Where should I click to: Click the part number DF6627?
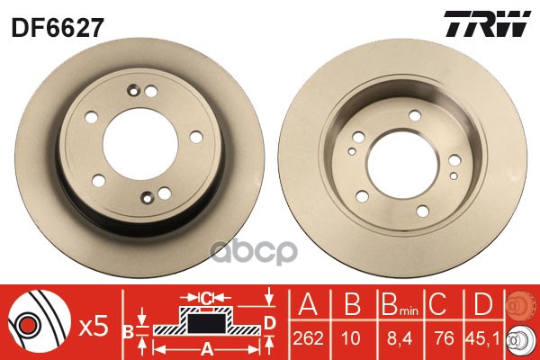tap(58, 28)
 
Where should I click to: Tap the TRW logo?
tap(488, 23)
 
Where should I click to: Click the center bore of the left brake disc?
tap(140, 144)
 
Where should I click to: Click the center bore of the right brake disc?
tap(402, 164)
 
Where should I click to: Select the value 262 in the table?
tap(308, 338)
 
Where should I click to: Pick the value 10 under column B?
tap(352, 338)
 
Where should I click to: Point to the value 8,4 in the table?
tap(400, 338)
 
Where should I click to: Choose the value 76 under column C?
tap(444, 338)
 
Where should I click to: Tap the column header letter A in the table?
tap(308, 304)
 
